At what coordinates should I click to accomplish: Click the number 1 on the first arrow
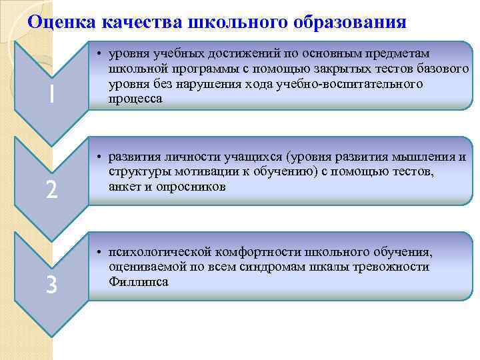pos(50,97)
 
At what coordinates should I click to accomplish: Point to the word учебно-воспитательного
pos(361,84)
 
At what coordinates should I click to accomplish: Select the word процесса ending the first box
pos(134,99)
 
